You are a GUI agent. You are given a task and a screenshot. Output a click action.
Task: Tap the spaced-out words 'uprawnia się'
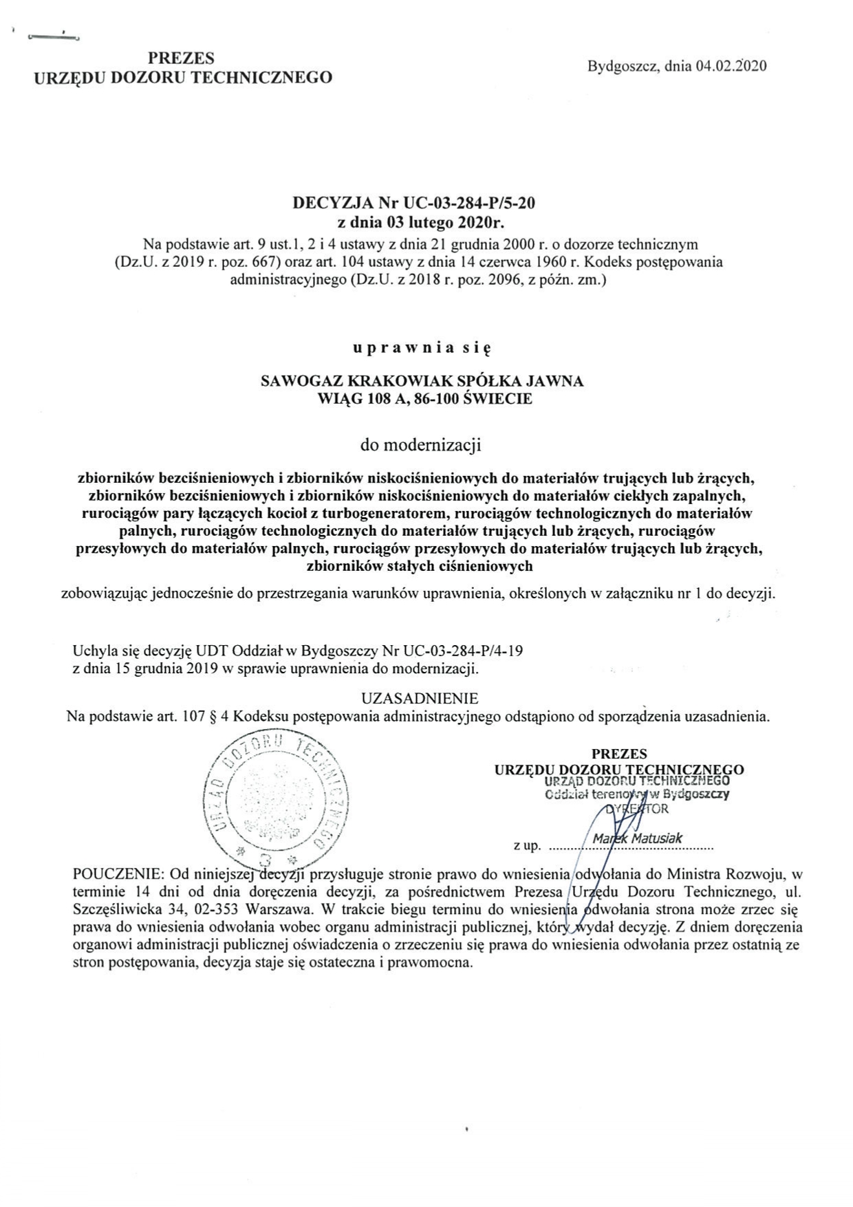[420, 348]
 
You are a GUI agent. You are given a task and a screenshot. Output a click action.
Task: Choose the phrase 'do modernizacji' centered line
[420, 444]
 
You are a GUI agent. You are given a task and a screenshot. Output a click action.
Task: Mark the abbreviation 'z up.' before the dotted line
[527, 845]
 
